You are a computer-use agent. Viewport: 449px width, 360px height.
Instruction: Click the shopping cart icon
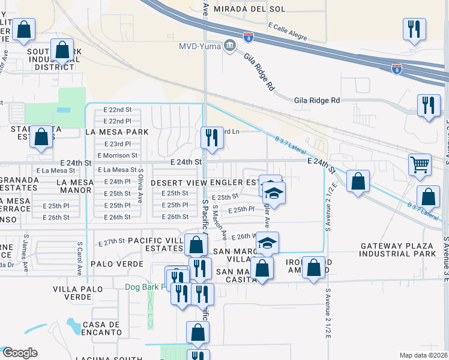pyautogui.click(x=420, y=164)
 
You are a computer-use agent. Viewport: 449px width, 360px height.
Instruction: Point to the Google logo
pyautogui.click(x=20, y=353)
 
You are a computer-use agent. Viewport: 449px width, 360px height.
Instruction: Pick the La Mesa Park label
pyautogui.click(x=116, y=131)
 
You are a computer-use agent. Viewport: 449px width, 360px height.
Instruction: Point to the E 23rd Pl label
pyautogui.click(x=117, y=144)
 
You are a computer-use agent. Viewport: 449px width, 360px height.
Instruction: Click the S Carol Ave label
pyautogui.click(x=79, y=259)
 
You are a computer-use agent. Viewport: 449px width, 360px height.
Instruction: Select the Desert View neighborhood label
pyautogui.click(x=174, y=182)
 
